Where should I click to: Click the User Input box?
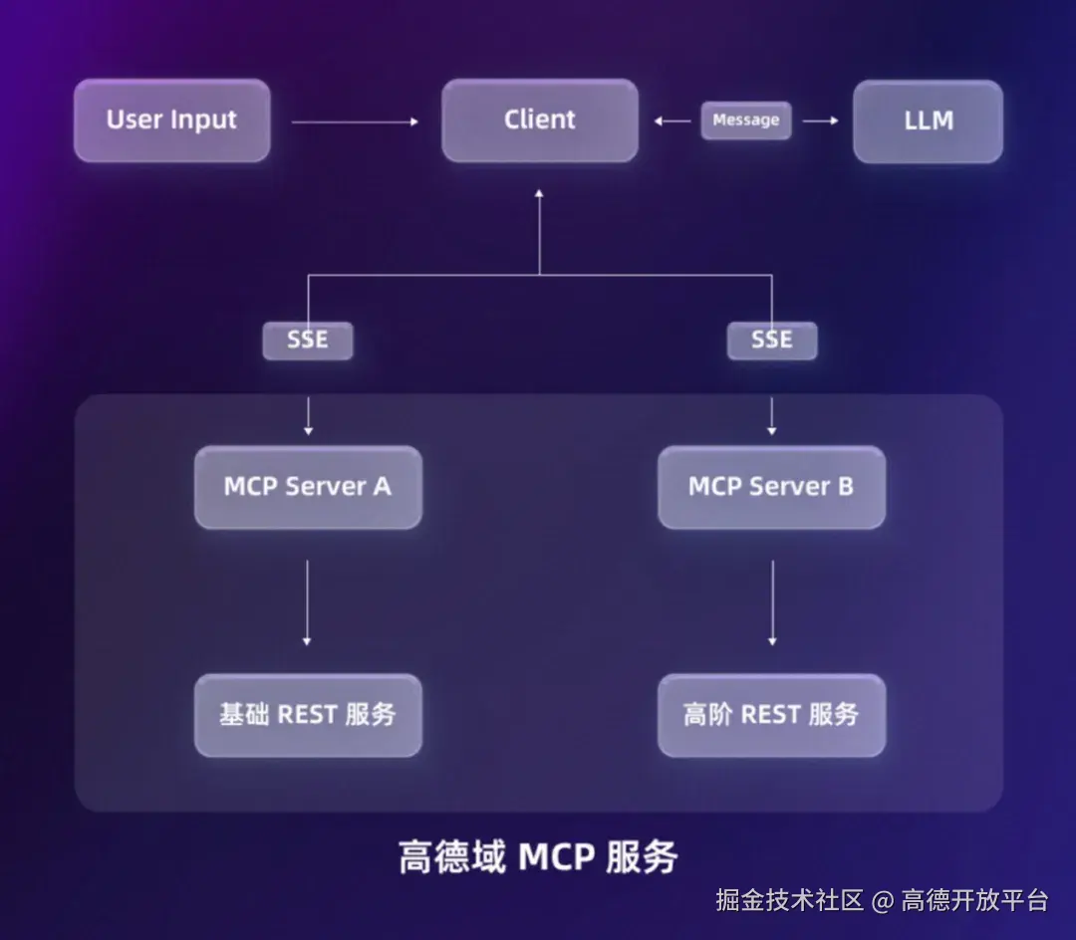(x=171, y=120)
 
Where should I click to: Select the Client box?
(x=539, y=120)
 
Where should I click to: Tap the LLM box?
(x=928, y=121)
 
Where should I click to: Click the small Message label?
(x=745, y=120)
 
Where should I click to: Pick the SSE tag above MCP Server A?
(x=308, y=341)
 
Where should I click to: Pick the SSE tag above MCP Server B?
(x=771, y=341)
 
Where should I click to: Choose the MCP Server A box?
(x=308, y=487)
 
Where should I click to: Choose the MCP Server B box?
(x=771, y=487)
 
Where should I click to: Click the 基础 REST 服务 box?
(x=308, y=715)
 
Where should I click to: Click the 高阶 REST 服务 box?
(x=771, y=715)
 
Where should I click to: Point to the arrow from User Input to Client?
(x=355, y=121)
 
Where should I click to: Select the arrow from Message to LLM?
(x=820, y=121)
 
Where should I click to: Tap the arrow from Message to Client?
(x=672, y=121)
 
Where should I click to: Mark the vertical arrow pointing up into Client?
(x=539, y=229)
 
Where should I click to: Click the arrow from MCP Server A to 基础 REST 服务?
(x=307, y=602)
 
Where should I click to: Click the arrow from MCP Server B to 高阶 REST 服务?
(x=772, y=602)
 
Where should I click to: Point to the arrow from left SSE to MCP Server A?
(x=308, y=414)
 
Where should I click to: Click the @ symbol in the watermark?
(x=882, y=902)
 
